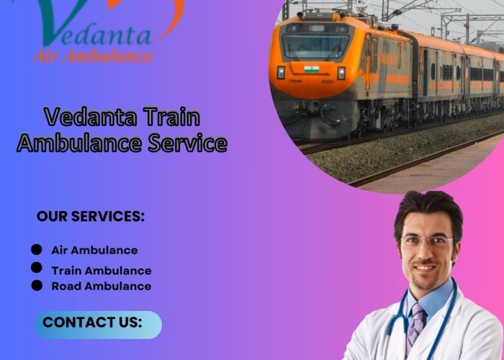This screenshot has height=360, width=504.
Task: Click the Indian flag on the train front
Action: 312,69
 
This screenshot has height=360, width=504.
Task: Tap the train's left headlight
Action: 281,72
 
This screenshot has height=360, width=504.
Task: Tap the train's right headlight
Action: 341,73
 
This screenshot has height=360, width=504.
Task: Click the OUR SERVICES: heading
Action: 91,216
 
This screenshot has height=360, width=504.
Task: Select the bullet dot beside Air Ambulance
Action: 37,249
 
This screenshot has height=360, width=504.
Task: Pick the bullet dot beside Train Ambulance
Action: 37,267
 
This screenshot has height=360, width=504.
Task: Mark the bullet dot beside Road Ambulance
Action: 37,285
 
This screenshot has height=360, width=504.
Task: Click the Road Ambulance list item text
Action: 102,286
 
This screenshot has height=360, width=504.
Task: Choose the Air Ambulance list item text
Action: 94,250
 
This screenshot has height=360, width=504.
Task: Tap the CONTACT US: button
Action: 99,325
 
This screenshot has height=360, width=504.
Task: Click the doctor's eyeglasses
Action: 427,240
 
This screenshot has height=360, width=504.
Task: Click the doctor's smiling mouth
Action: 424,268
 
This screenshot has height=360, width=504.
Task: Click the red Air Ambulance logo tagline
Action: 93,57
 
